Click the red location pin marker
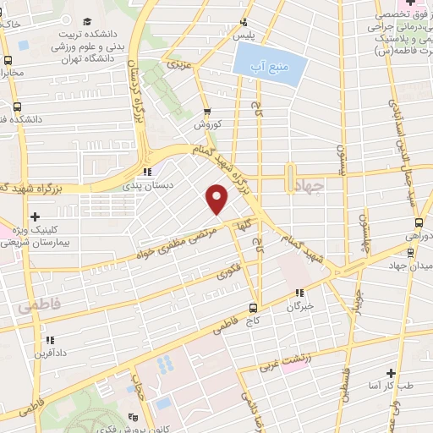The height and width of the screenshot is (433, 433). tap(217, 198)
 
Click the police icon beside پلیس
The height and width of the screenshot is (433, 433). tap(244, 23)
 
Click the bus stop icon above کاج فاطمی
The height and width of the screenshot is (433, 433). tap(254, 307)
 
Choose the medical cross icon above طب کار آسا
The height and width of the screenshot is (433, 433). tap(391, 372)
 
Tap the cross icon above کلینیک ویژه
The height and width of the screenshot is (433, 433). tap(34, 217)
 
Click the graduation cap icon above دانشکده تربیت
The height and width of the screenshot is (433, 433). tap(89, 21)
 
